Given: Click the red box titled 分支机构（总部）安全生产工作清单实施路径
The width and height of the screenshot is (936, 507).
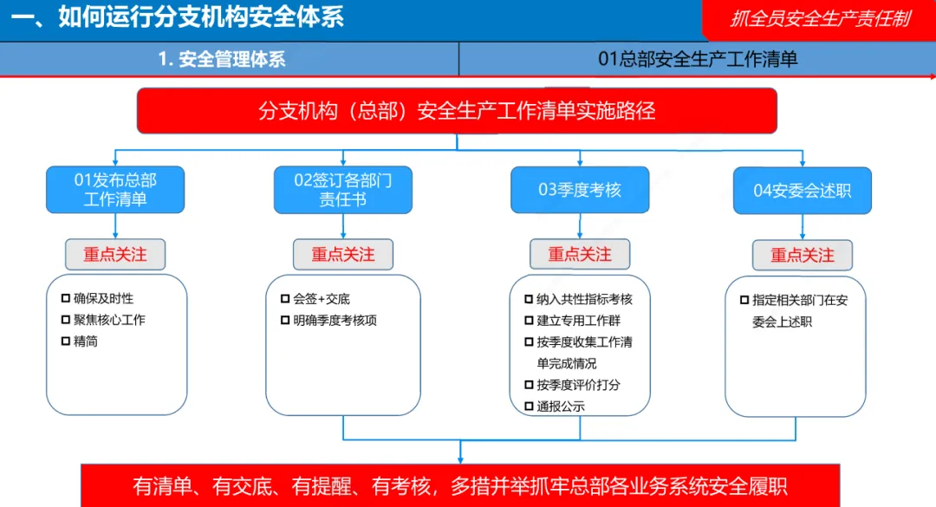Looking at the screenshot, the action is click(x=457, y=111).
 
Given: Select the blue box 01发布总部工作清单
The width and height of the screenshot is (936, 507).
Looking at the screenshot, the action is click(x=115, y=190).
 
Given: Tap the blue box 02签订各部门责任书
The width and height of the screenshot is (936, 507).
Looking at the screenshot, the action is click(x=343, y=190).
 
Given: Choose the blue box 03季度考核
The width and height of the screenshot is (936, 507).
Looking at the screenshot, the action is click(x=580, y=190).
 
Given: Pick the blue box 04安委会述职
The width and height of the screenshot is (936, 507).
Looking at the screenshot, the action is click(x=802, y=191).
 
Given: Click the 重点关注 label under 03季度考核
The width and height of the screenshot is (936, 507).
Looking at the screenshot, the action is click(x=580, y=254).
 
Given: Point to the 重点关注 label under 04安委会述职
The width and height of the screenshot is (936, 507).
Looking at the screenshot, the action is click(x=802, y=255).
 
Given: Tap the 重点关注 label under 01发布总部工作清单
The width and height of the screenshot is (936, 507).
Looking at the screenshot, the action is click(x=115, y=254).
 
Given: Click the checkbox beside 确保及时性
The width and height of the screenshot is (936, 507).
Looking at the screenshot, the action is click(x=65, y=298).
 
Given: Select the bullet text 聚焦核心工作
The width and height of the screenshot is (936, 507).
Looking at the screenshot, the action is click(x=109, y=320).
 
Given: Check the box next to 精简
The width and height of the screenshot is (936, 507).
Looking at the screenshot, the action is click(x=65, y=341).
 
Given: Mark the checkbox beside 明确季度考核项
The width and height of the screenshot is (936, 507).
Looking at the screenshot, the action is click(x=285, y=320).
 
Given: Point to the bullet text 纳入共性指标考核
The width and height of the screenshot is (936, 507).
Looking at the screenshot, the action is click(x=584, y=299).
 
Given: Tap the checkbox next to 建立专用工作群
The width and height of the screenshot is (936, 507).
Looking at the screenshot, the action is click(x=529, y=321).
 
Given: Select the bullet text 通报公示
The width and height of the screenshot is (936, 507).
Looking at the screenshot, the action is click(x=561, y=406).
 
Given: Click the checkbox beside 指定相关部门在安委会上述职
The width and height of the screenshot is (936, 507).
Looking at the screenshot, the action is click(x=744, y=300).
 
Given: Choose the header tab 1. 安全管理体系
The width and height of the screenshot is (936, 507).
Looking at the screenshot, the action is click(x=222, y=59).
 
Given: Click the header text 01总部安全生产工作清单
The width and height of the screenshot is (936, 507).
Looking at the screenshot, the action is click(x=698, y=59).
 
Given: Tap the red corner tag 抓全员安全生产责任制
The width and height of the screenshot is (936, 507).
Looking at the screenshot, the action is click(x=820, y=19).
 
